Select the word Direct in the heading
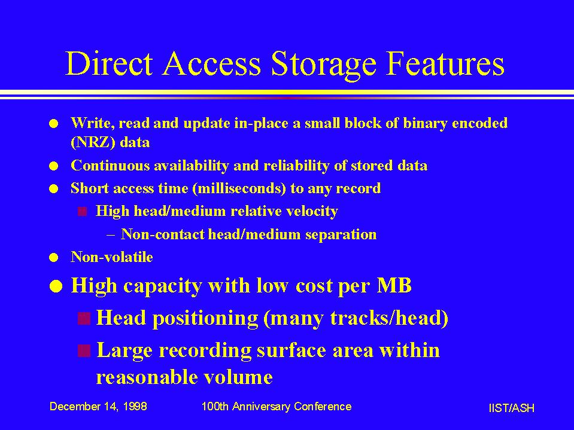pos(109,63)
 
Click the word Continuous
pos(110,165)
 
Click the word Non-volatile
pos(112,257)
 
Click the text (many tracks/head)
pos(356,318)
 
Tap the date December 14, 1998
pos(98,407)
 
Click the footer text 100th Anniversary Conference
pos(277,407)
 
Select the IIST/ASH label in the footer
pos(511,408)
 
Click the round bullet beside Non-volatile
pos(54,258)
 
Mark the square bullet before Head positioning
pos(84,319)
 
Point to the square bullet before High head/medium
pos(83,212)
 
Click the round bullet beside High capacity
pos(56,286)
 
